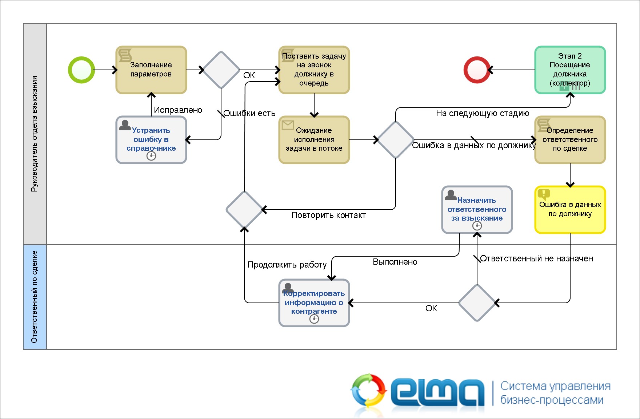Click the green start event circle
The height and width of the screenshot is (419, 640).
pos(81,70)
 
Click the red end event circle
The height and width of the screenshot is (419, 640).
pos(477,70)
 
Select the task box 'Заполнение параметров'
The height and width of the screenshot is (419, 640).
pos(151,70)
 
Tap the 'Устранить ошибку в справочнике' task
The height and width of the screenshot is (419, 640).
pos(151,140)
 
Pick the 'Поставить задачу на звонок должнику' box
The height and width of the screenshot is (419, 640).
pos(314,70)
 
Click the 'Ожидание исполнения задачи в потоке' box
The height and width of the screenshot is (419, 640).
pos(314,140)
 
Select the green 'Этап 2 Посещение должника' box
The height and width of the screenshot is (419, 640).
pos(570,70)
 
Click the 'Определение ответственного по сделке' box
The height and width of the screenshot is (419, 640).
pos(570,140)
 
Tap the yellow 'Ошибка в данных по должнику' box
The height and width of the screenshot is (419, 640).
pos(570,210)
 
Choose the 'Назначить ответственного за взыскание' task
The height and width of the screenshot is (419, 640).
pos(477,210)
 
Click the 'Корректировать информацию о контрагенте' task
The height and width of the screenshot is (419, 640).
pos(314,303)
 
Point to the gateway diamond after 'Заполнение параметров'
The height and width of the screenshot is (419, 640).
pos(221,70)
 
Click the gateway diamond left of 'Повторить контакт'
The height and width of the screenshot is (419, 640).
pos(244,210)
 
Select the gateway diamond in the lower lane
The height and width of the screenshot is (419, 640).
pos(477,303)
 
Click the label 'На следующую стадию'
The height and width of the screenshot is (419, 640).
pos(483,113)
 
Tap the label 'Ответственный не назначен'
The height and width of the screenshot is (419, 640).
pos(536,258)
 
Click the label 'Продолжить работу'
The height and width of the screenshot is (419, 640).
pos(287,265)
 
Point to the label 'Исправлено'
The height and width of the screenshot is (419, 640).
pos(178,110)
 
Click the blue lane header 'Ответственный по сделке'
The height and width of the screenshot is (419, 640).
pos(35,297)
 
